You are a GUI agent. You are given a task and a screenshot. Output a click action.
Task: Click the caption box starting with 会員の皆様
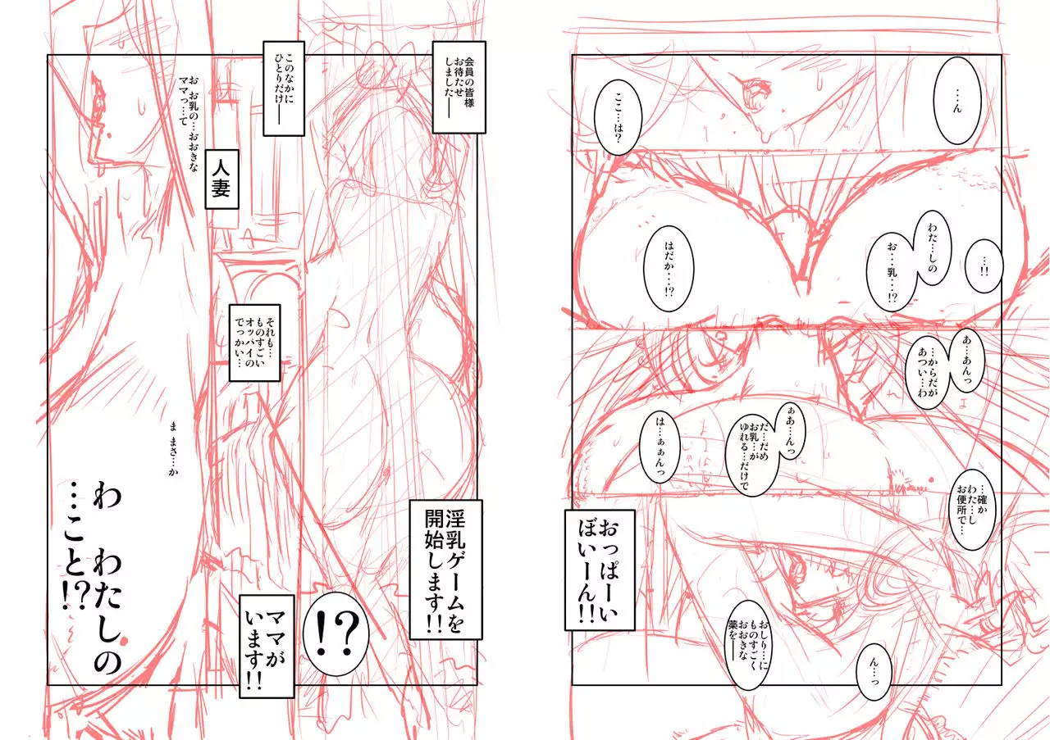point(459,87)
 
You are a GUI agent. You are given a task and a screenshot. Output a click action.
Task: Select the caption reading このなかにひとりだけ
point(284,89)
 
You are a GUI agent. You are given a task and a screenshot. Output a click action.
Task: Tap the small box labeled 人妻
point(221,179)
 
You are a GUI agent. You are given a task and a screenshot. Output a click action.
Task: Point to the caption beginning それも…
point(254,343)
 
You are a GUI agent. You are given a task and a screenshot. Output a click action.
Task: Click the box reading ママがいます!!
point(267,647)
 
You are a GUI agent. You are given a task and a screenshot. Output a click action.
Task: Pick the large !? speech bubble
point(336,634)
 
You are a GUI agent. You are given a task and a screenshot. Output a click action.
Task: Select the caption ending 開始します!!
point(445,570)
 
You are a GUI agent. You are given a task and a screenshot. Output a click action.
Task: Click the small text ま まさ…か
point(173,449)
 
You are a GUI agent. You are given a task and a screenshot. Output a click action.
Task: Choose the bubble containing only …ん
point(957,101)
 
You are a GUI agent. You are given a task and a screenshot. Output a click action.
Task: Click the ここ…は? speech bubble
point(618,117)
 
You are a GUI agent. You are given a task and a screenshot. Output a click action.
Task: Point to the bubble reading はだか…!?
point(669,268)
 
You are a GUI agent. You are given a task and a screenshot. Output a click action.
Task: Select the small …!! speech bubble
point(984,266)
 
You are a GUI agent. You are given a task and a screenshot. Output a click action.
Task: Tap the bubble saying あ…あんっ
point(966,360)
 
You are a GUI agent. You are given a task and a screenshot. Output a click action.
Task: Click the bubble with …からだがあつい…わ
point(928,372)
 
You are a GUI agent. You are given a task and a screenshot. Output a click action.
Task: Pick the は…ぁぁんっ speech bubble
point(660,447)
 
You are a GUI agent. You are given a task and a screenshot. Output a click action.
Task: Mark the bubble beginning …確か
point(972,510)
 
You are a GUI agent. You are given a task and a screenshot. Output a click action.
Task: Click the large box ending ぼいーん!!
point(600,570)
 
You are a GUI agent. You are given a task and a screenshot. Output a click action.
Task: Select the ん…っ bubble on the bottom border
point(874,672)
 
